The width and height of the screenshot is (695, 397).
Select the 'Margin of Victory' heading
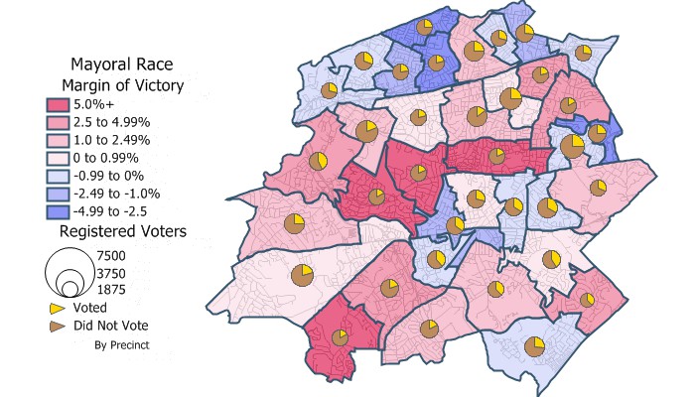(120, 85)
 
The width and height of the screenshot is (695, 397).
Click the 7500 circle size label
(111, 255)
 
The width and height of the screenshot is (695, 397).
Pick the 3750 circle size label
(111, 272)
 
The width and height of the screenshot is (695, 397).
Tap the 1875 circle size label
(111, 289)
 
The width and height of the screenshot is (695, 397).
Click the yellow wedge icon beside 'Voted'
(57, 309)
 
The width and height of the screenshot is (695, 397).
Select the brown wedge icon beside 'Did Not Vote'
(57, 326)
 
